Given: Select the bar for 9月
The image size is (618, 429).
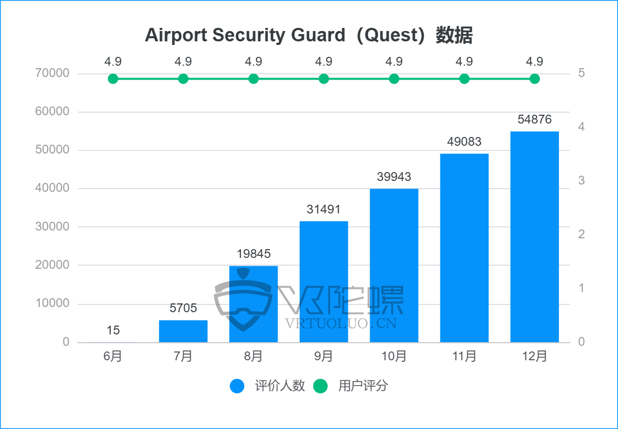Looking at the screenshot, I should (323, 282).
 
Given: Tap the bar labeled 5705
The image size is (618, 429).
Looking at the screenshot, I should (183, 331).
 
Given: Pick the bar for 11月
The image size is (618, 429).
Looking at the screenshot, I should (464, 248).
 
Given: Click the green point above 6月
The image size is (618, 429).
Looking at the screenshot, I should (113, 79).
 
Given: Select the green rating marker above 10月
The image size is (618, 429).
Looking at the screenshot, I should (394, 79).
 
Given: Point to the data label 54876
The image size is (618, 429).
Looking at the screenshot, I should (534, 120).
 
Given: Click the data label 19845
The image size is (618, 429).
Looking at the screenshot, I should (254, 254).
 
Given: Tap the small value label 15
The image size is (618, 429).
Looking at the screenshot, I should (113, 330).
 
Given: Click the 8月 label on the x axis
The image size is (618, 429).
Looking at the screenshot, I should (254, 356).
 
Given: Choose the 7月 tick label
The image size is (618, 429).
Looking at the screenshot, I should (183, 356).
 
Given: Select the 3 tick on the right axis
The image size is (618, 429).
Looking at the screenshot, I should (582, 180).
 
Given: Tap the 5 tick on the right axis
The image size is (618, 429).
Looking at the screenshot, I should (582, 73).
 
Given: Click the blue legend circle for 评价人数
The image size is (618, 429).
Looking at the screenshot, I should (237, 386).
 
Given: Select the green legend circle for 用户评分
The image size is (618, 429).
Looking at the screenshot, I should (321, 386).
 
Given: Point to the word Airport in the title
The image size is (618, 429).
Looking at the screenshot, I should (176, 36).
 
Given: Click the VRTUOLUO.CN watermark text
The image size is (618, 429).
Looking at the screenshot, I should (341, 324).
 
